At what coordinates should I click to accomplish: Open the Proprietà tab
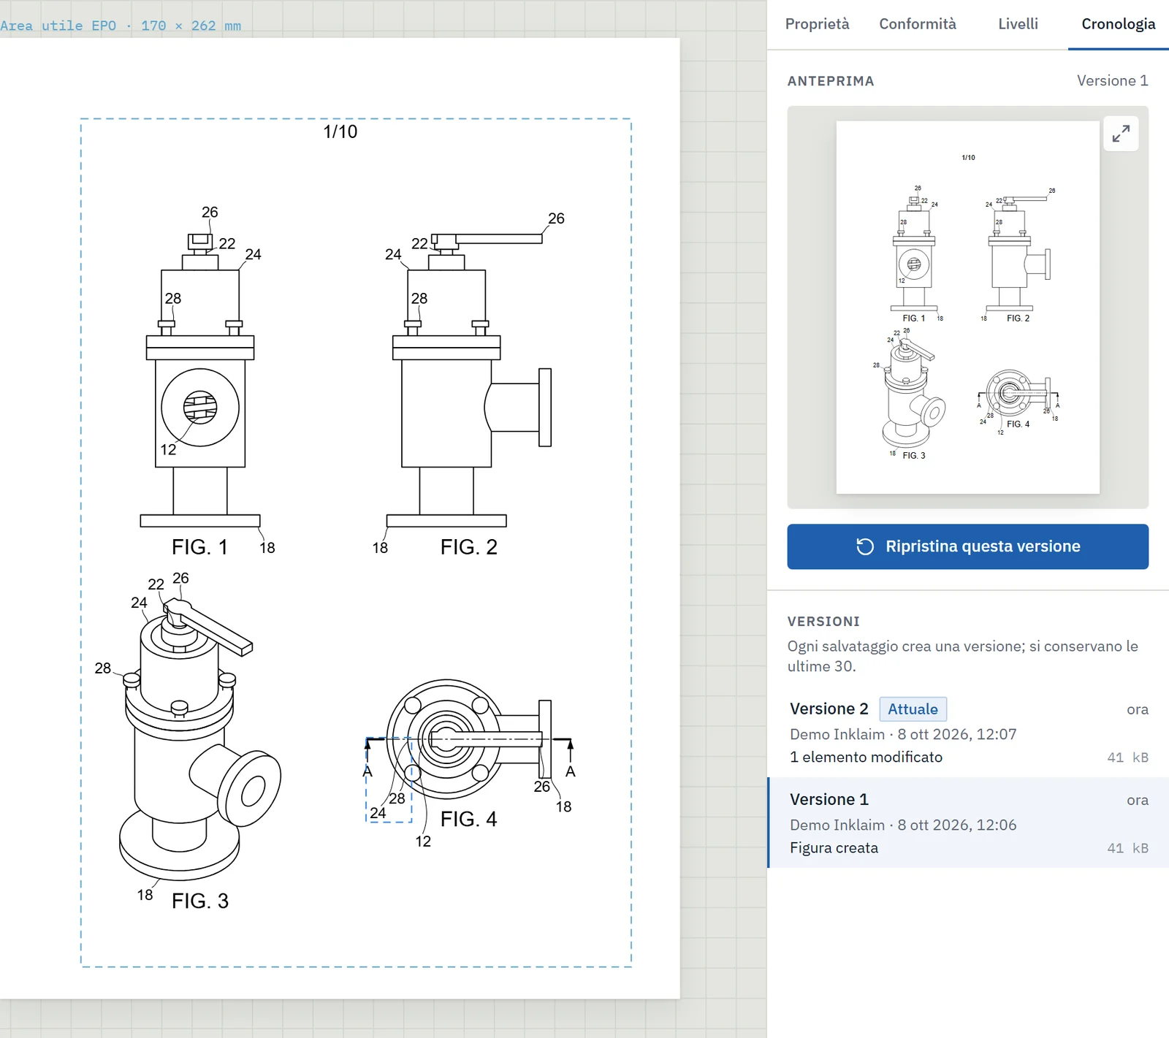point(817,24)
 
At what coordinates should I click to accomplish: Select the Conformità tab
point(917,24)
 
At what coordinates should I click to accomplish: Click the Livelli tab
point(1018,24)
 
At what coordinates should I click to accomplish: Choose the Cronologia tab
point(1118,24)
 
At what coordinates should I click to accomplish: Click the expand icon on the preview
point(1121,134)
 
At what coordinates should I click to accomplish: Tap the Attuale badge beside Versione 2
point(913,709)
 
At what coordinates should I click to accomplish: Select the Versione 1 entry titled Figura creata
point(968,823)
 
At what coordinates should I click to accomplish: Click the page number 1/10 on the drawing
point(340,131)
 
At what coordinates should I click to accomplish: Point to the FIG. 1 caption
point(199,547)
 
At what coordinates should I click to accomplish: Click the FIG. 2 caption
point(468,547)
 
